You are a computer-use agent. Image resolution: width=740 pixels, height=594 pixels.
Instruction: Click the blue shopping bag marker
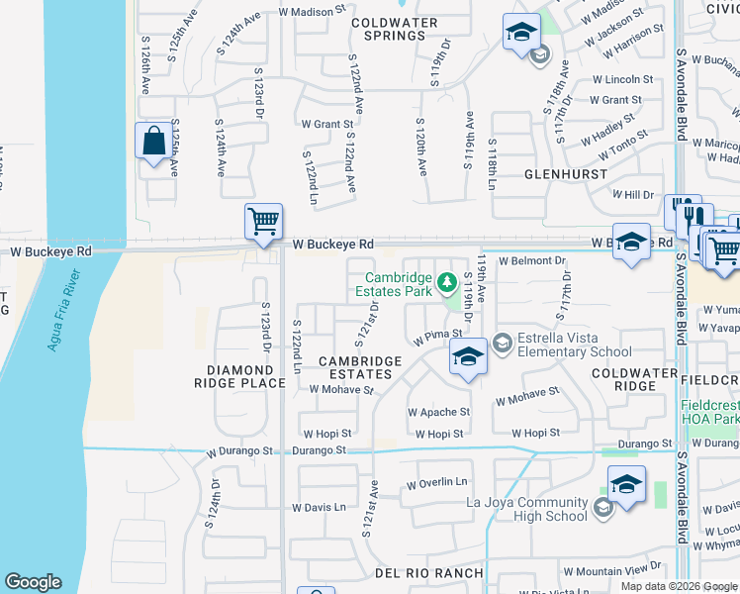154,142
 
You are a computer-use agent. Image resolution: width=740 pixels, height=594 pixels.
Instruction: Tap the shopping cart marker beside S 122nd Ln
264,223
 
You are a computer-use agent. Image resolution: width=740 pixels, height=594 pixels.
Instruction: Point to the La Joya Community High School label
526,509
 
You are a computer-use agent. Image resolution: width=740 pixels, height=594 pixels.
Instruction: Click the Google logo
33,582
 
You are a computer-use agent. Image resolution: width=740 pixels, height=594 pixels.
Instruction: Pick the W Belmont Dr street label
532,261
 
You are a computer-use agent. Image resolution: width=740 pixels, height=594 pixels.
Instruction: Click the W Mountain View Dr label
611,571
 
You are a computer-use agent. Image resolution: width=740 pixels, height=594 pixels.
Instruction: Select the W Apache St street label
438,412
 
